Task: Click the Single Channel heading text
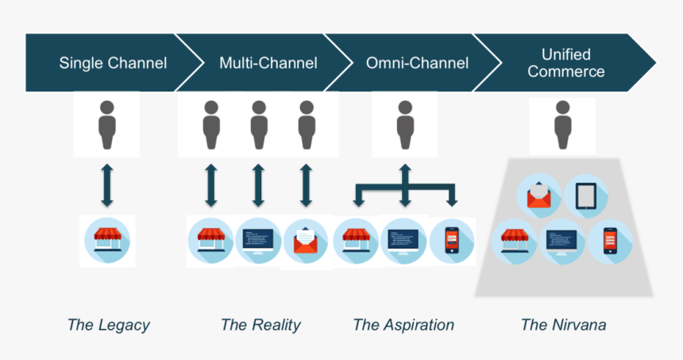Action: (113, 63)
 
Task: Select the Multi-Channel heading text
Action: (268, 63)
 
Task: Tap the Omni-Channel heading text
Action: (417, 63)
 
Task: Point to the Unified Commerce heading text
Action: (566, 63)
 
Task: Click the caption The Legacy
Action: (108, 324)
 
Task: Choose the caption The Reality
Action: (260, 324)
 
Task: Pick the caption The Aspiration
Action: (403, 324)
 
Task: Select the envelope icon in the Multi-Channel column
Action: (306, 241)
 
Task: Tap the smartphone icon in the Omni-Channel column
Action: (451, 241)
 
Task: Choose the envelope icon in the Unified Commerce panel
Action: (539, 195)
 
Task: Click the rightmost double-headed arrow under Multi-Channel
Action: (306, 185)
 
